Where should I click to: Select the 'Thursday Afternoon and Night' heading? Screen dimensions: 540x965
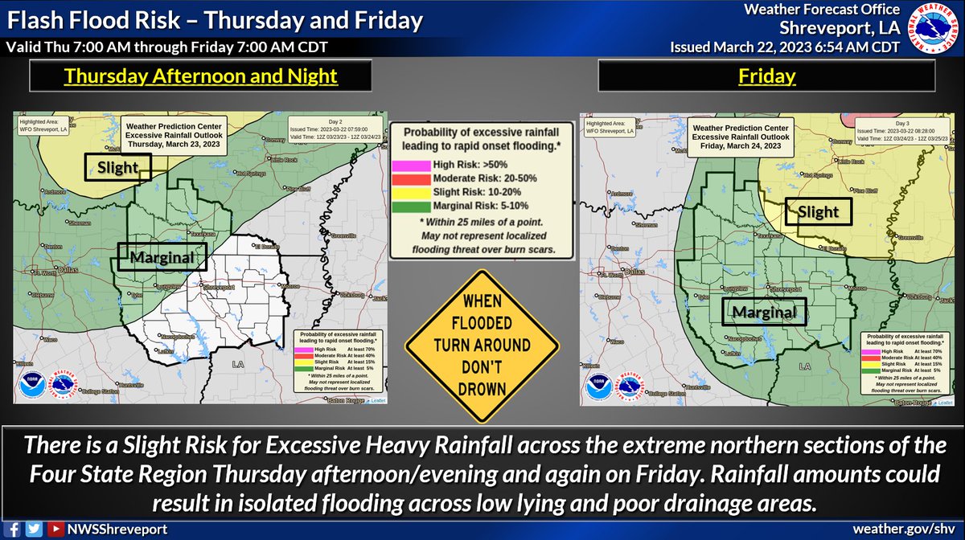(200, 77)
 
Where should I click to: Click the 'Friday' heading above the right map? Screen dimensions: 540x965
(766, 77)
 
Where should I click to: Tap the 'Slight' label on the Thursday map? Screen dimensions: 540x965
(118, 167)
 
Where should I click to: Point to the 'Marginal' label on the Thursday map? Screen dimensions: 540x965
(162, 257)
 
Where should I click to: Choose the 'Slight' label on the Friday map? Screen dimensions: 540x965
(818, 211)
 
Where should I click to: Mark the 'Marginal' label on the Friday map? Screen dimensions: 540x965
(764, 312)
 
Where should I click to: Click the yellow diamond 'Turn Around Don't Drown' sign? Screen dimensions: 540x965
(482, 346)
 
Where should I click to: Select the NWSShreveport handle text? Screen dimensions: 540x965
(105, 530)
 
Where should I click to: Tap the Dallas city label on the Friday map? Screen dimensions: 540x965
(634, 272)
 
